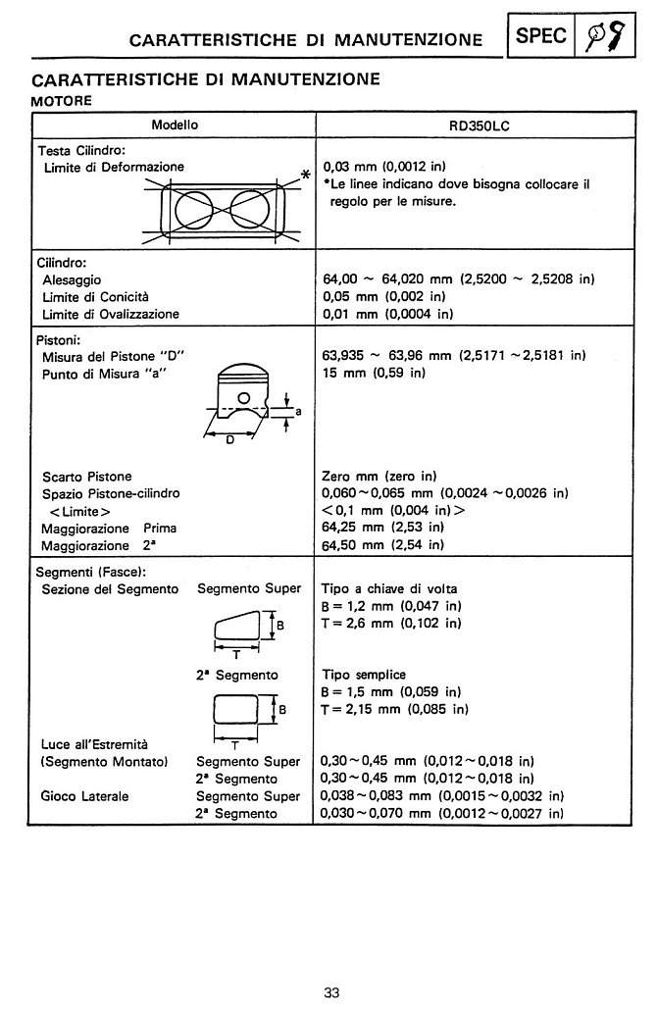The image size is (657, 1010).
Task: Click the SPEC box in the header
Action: (540, 36)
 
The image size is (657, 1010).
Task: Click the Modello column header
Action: (175, 126)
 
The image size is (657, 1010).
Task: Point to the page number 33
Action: (331, 992)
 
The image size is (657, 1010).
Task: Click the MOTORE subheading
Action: (62, 99)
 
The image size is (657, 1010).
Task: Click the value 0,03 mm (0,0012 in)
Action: (384, 168)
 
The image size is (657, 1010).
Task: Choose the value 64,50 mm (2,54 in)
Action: (383, 545)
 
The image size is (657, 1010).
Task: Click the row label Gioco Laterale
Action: (84, 796)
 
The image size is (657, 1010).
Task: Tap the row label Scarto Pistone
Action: (87, 476)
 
